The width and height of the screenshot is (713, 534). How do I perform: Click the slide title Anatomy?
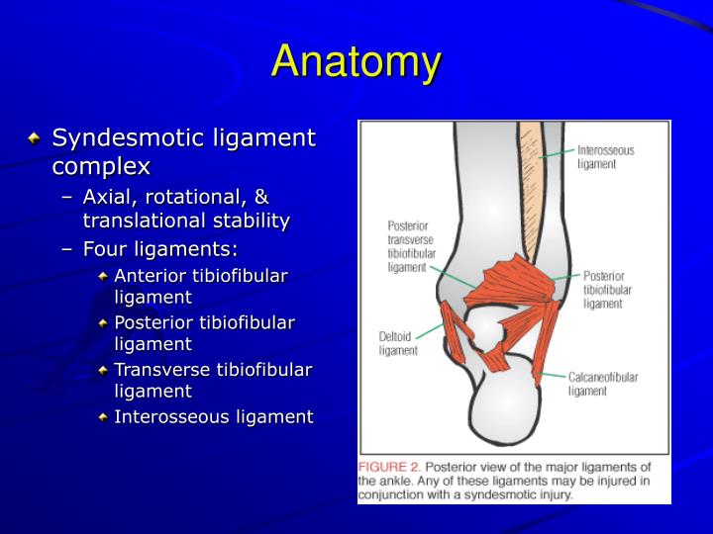click(x=356, y=61)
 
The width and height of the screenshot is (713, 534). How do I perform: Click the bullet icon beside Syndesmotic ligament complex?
click(x=36, y=137)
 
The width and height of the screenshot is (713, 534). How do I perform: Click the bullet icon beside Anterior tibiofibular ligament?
click(x=103, y=276)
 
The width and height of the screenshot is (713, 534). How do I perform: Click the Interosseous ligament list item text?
click(x=213, y=416)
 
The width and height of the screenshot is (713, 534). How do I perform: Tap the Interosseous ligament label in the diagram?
click(x=605, y=157)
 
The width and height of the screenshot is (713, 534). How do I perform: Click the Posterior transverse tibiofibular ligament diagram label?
click(x=407, y=246)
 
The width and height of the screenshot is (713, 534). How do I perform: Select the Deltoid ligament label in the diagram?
click(x=399, y=342)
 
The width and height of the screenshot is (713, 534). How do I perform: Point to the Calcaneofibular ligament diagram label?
click(x=602, y=383)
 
